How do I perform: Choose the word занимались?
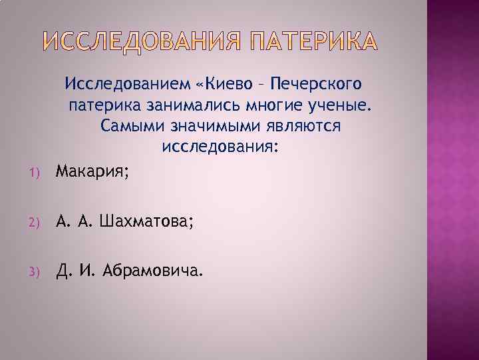[208, 105]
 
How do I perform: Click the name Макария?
[93, 172]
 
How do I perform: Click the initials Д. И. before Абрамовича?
[77, 271]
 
